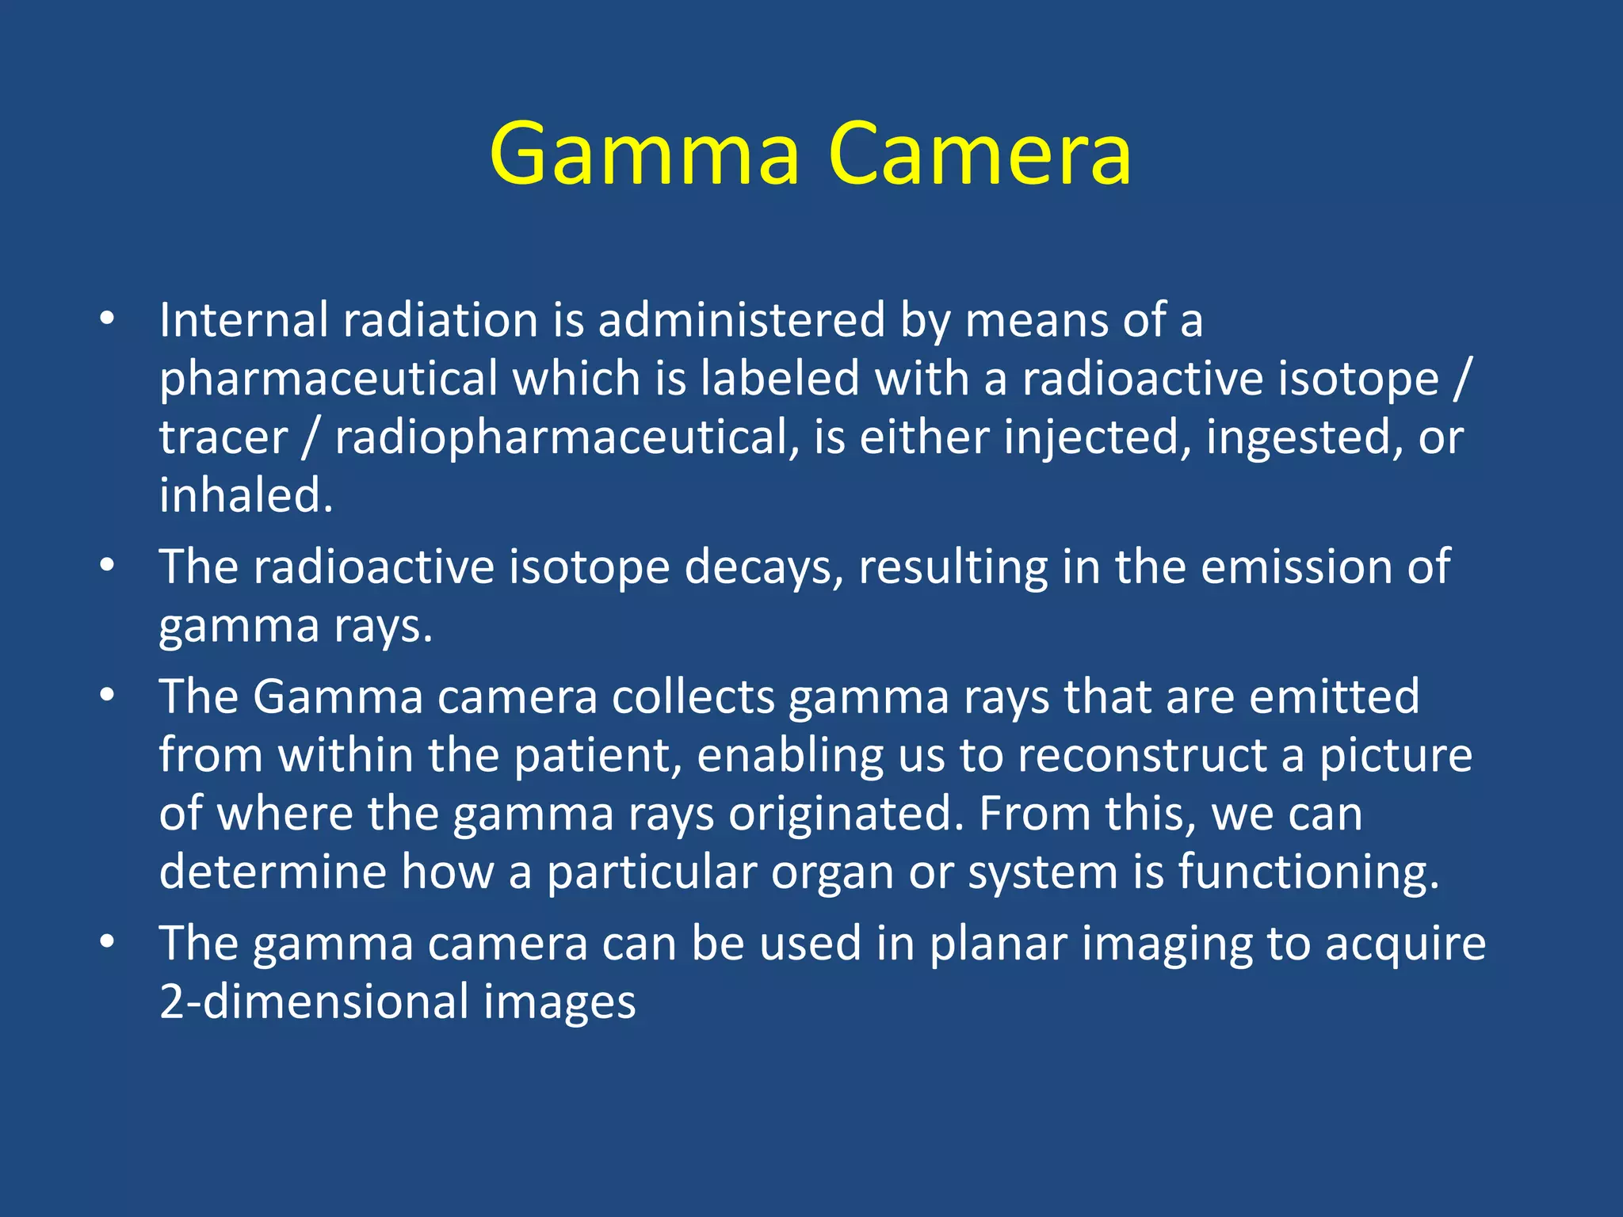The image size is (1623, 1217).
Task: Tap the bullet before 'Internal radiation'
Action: click(x=108, y=320)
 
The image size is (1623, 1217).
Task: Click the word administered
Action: click(x=741, y=320)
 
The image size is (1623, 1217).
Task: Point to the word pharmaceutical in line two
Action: click(x=328, y=379)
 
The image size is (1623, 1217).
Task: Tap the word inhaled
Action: click(x=246, y=495)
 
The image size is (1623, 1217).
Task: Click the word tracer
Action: click(x=223, y=437)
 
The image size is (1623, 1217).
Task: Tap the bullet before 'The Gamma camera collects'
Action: click(x=108, y=696)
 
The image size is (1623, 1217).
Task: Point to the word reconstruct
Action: click(x=1142, y=755)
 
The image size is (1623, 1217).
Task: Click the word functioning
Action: click(x=1308, y=872)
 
